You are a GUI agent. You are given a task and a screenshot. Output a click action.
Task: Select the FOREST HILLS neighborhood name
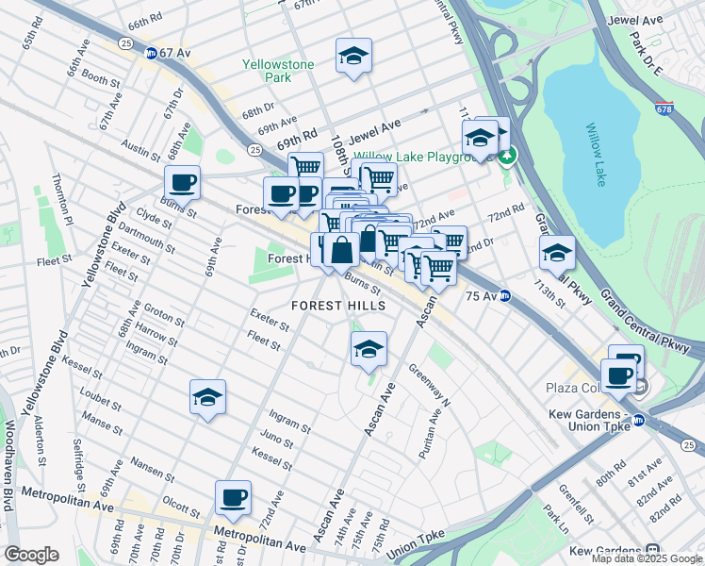pos(338,306)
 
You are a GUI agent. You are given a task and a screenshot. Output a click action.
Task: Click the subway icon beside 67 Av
pos(151,54)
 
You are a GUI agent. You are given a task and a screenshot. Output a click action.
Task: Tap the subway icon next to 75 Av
pos(505,295)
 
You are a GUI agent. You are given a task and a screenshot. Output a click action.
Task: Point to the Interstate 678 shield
pos(664,108)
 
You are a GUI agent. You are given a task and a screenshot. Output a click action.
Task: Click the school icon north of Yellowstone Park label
pos(353,56)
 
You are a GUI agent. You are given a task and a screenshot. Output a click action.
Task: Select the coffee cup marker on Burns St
pos(182,182)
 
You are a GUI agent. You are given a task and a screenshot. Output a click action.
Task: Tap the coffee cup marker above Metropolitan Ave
pos(233,497)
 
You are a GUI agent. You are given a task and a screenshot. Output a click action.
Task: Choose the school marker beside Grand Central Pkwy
pos(557,253)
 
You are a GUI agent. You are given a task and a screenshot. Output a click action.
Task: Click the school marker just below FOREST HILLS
pos(369,349)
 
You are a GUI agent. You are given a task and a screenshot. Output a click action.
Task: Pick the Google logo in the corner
pos(31,555)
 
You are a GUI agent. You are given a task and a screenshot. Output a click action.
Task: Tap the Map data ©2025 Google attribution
pos(647,558)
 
